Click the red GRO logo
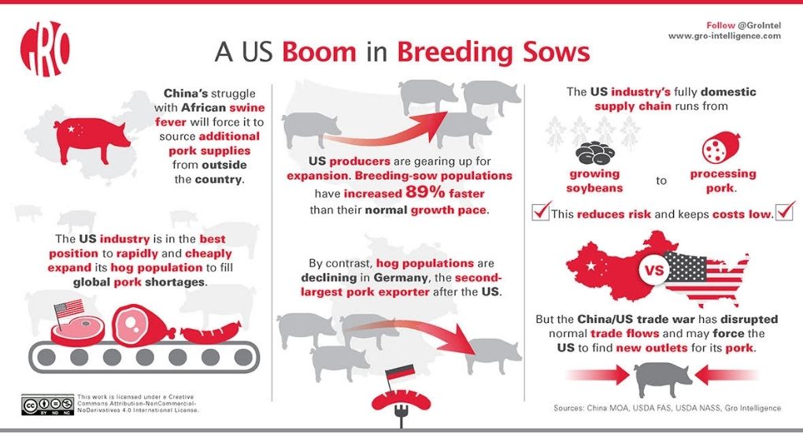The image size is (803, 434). pyautogui.click(x=45, y=49)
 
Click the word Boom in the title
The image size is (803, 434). pyautogui.click(x=319, y=52)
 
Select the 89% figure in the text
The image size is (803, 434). pyautogui.click(x=425, y=192)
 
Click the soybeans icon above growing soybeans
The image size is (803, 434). pyautogui.click(x=595, y=152)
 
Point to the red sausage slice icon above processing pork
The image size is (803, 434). pyautogui.click(x=721, y=147)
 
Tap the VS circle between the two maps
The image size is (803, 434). pyautogui.click(x=654, y=269)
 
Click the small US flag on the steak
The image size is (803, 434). pyautogui.click(x=68, y=309)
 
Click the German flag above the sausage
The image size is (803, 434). pyautogui.click(x=400, y=373)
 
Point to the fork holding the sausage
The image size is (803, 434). pyautogui.click(x=401, y=416)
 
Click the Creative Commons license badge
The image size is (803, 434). pyautogui.click(x=47, y=405)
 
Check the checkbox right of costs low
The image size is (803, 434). pyautogui.click(x=785, y=210)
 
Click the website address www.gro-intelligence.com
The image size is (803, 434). pyautogui.click(x=724, y=36)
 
